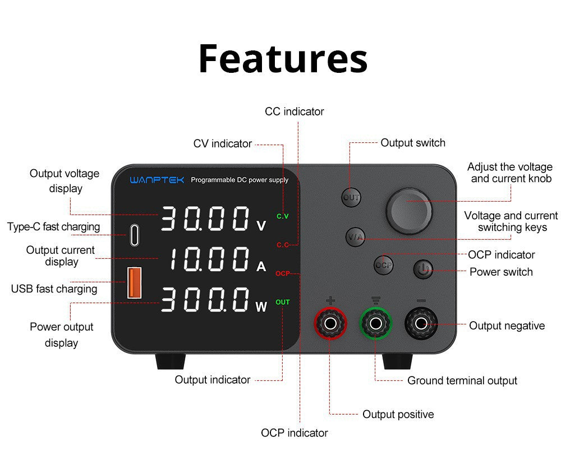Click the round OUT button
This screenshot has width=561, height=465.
tap(351, 197)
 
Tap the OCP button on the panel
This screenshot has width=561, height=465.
tap(384, 264)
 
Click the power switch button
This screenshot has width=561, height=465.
tap(424, 269)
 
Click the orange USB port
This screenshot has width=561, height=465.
tap(134, 282)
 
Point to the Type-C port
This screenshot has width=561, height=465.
tap(134, 235)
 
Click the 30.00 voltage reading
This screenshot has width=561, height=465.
tap(205, 218)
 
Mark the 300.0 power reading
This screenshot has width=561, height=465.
tap(205, 300)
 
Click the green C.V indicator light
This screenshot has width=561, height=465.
tap(283, 216)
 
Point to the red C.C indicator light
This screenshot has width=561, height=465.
tap(283, 245)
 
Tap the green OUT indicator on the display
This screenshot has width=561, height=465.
tap(283, 302)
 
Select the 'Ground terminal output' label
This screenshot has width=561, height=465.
tap(462, 381)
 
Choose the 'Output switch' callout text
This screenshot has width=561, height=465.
tap(412, 143)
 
